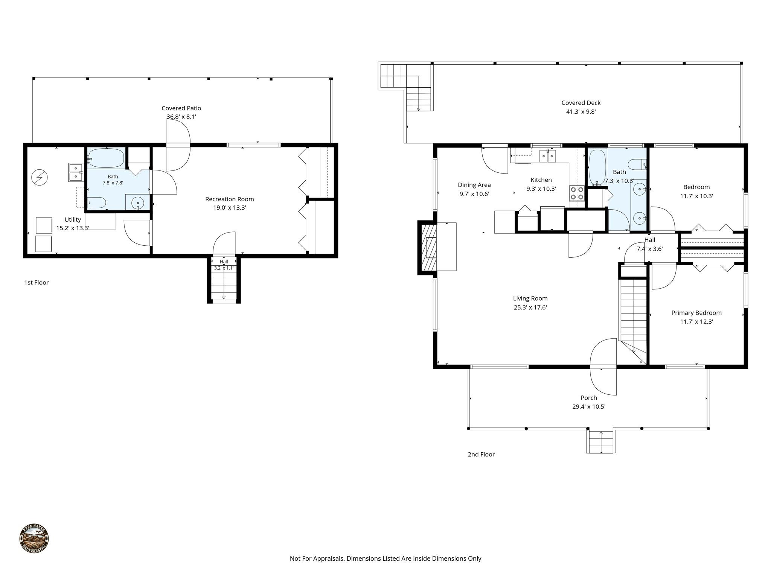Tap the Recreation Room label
tap(229, 199)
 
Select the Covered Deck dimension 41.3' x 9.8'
tap(581, 112)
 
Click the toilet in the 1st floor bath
tap(96, 203)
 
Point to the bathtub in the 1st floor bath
tap(106, 158)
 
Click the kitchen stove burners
tap(577, 193)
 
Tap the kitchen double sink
tap(548, 156)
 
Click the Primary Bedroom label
tap(696, 313)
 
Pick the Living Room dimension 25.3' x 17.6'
tap(530, 307)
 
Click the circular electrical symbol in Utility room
tap(40, 177)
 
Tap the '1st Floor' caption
tap(37, 283)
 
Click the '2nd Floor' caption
tap(481, 454)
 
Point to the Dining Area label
tap(474, 185)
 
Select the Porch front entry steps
tap(601, 441)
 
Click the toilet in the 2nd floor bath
tap(637, 164)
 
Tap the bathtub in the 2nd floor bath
tap(597, 167)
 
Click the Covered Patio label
tap(181, 108)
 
